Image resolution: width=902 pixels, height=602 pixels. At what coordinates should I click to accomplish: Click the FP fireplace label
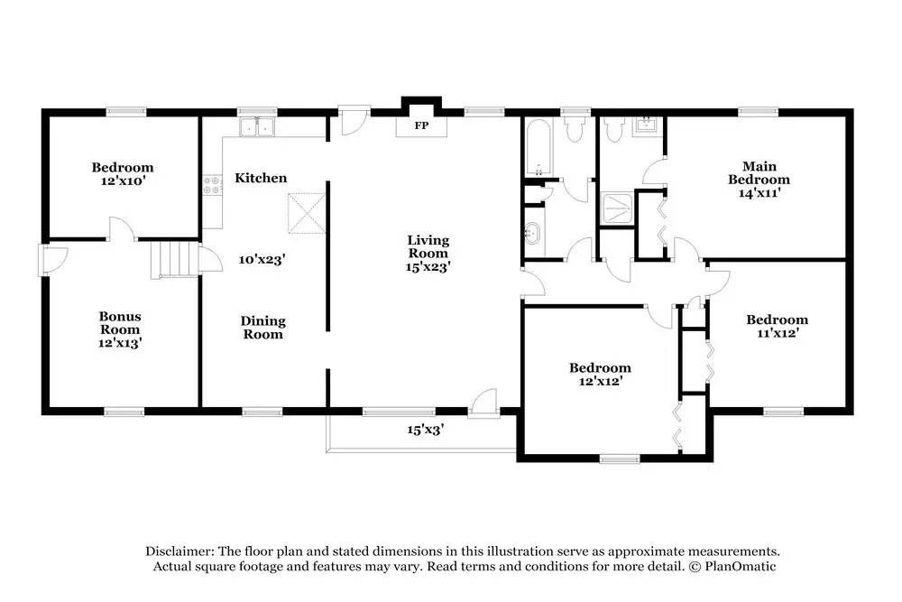(x=421, y=125)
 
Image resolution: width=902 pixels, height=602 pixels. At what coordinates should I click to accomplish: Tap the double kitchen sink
(x=257, y=127)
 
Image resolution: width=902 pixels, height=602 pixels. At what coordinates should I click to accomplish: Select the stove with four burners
(x=212, y=184)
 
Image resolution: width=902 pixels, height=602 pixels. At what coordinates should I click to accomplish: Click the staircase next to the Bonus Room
(x=175, y=260)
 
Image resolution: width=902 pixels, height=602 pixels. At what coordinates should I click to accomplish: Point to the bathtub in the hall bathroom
(x=538, y=148)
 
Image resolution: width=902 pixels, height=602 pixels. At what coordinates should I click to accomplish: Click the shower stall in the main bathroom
(x=617, y=208)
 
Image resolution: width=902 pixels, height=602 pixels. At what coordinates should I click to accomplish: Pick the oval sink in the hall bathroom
(x=533, y=233)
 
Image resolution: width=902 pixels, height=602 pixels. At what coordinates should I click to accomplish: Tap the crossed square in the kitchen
(x=307, y=214)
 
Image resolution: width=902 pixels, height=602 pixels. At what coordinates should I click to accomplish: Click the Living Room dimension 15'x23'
(x=428, y=267)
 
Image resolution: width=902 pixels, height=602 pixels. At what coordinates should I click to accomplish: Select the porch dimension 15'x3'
(x=425, y=430)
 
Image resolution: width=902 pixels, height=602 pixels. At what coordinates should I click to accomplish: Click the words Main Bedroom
(x=759, y=172)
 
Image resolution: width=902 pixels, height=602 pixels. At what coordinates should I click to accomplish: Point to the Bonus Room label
(x=120, y=323)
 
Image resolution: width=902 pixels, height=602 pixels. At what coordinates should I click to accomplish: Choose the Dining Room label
(x=262, y=328)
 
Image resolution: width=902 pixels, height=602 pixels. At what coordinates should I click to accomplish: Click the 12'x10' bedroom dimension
(x=123, y=181)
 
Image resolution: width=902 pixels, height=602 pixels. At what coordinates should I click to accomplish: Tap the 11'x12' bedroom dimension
(x=778, y=333)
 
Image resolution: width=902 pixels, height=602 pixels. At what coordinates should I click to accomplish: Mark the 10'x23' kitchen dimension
(x=262, y=260)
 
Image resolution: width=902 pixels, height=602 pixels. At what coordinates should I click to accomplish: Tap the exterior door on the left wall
(x=52, y=261)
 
